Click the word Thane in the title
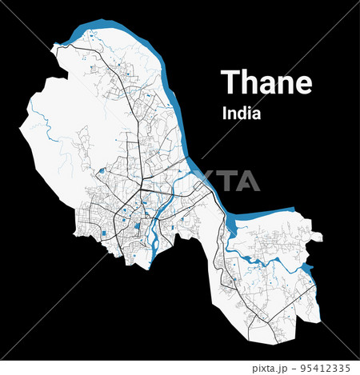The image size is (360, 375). point(266,82)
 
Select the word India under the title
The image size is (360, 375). point(242,114)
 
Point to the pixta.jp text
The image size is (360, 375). point(270,368)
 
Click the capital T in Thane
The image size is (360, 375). point(230,82)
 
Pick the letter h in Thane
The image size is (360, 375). point(249,82)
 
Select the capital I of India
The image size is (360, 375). point(224,114)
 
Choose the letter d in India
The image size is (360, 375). point(241,114)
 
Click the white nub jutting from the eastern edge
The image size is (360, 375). point(318,237)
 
